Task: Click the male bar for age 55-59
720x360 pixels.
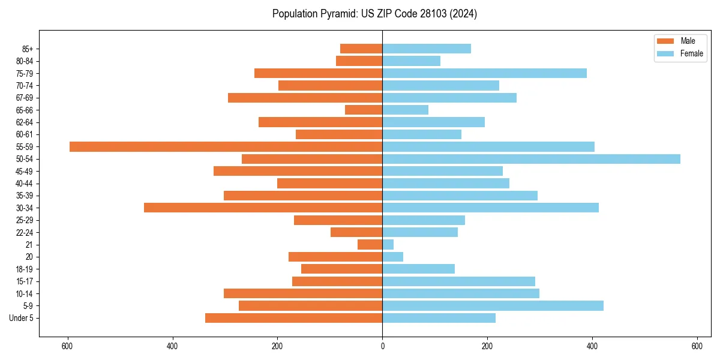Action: point(226,146)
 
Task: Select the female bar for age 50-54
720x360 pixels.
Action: point(531,159)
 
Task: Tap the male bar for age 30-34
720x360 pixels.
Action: point(263,208)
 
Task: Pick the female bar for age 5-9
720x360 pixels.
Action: point(493,305)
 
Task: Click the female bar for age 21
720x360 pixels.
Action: point(388,244)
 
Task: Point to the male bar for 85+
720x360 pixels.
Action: point(361,49)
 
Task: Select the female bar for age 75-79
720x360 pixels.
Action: point(484,73)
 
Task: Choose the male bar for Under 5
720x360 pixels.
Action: point(293,318)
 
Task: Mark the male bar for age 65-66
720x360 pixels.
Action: point(364,110)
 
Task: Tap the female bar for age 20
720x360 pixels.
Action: point(392,257)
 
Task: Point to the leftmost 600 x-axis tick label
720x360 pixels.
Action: point(67,346)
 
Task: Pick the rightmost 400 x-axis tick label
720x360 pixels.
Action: point(592,346)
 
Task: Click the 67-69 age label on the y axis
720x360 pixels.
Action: point(25,98)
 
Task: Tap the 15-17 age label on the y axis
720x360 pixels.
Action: point(25,281)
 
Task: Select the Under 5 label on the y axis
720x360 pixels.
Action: point(22,318)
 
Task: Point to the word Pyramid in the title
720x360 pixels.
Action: point(335,14)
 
